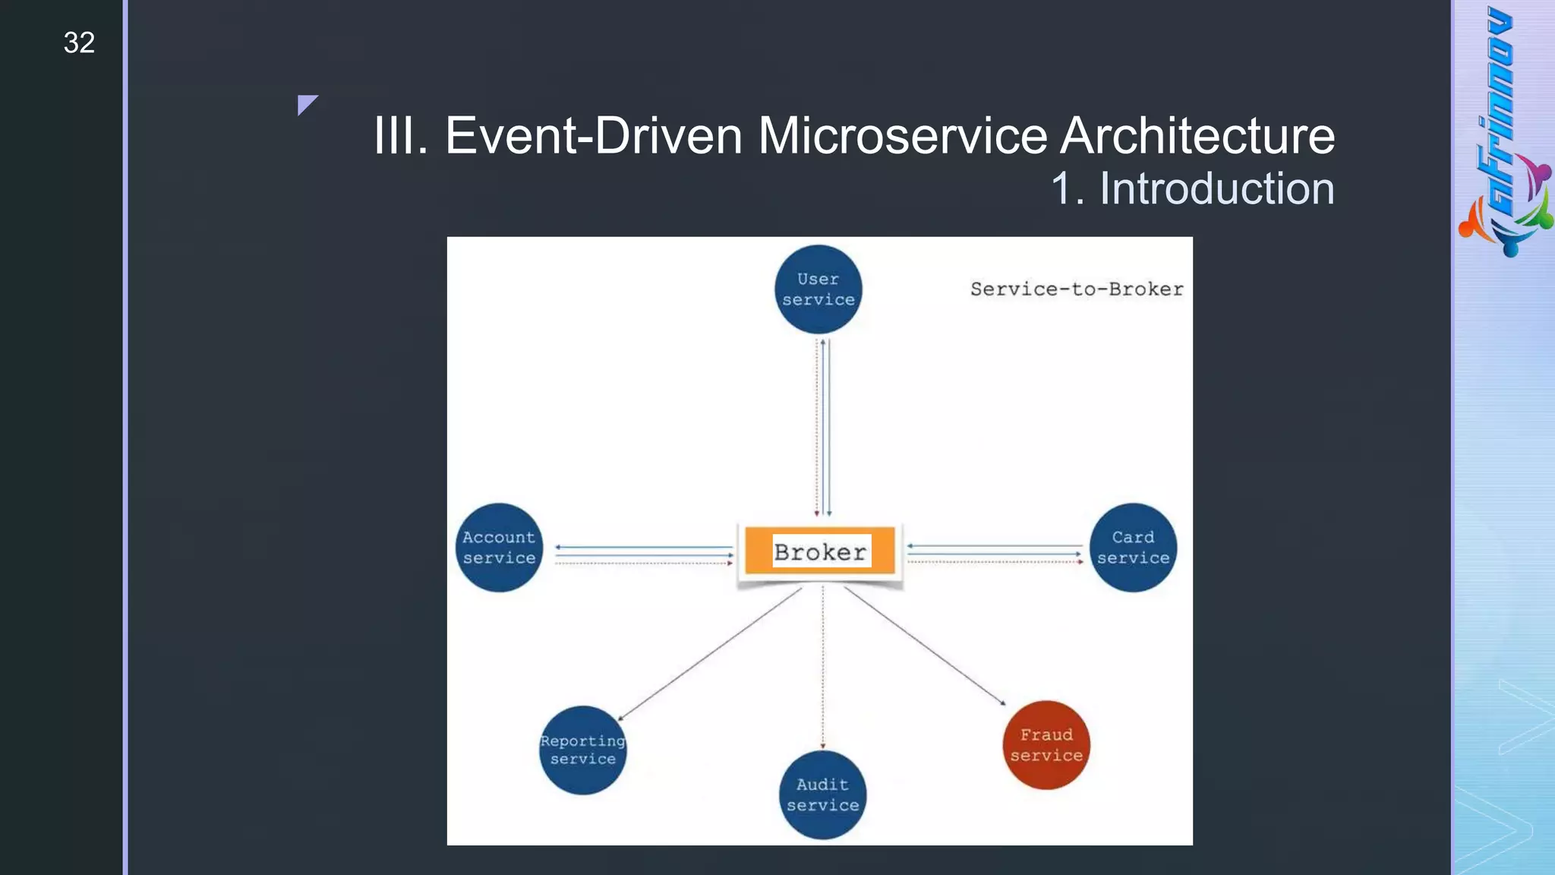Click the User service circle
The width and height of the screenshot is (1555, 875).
tap(818, 289)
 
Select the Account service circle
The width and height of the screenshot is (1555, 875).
tap(499, 548)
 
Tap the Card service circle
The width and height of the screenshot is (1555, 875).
tap(1133, 548)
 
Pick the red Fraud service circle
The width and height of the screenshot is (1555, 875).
tap(1046, 745)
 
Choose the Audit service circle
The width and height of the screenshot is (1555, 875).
tap(822, 794)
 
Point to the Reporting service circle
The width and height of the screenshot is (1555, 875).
tap(582, 750)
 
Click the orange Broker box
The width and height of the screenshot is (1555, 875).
tap(820, 551)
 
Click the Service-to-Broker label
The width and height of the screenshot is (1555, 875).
tap(1077, 289)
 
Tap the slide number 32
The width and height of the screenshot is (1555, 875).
tap(79, 43)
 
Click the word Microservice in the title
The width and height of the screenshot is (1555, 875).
tap(903, 136)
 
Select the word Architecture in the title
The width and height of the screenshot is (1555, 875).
tap(1197, 136)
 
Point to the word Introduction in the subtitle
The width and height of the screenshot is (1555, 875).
tap(1216, 188)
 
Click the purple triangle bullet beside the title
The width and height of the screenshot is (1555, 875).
tap(306, 103)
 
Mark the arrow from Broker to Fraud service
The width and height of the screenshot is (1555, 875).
tap(925, 646)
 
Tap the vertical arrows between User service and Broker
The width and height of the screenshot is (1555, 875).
tap(823, 428)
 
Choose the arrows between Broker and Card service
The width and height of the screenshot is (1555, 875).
tap(995, 554)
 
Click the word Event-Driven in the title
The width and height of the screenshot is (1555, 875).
tap(593, 136)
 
